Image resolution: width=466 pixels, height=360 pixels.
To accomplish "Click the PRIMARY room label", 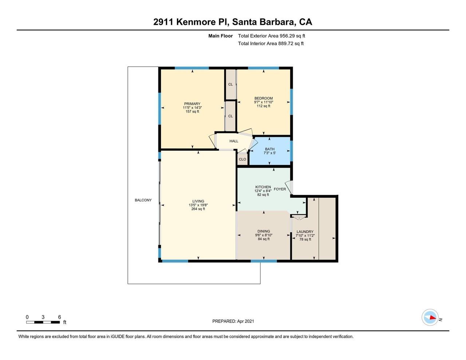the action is point(192,104).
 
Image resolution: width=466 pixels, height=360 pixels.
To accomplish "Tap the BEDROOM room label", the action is point(264,98).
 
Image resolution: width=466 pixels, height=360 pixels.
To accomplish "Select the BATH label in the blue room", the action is point(269,149).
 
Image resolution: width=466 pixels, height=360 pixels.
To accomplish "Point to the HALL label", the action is point(234,141).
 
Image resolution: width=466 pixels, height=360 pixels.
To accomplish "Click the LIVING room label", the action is point(198,201).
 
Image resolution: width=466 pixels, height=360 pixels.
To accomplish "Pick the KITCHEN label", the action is point(263,187).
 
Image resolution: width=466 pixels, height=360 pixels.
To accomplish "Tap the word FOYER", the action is point(280,189).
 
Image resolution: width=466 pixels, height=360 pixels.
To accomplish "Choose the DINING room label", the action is point(264,231).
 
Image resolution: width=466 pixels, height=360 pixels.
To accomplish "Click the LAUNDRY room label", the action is point(305,232).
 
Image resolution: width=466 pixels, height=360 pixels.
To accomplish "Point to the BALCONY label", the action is point(143,200).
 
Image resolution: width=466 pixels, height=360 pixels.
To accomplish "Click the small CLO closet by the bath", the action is point(242,159).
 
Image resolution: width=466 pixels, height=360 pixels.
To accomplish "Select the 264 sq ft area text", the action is point(198,209).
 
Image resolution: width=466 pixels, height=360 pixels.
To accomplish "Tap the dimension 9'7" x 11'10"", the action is point(264,102).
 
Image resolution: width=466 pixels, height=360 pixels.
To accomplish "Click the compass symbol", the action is point(430,317).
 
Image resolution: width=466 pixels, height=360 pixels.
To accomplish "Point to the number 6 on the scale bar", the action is point(60,317).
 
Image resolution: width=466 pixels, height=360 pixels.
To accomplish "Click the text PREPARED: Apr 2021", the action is point(233,321).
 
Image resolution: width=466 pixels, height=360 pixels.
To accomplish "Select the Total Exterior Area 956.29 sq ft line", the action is point(272,36).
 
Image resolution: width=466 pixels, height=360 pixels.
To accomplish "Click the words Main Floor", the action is point(221,36).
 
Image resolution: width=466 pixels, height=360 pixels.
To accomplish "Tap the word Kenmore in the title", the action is point(196,22).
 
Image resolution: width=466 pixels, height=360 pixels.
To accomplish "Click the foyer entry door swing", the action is point(289,187).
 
